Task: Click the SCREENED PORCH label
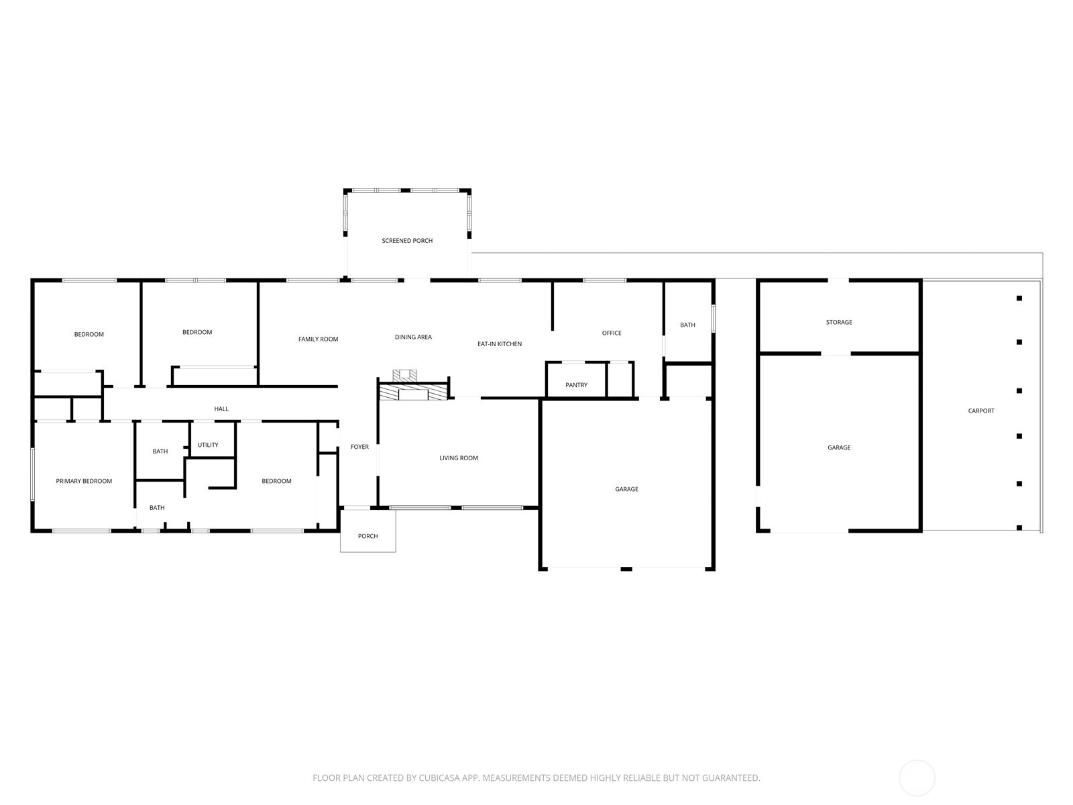[x=407, y=241]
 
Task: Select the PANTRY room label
[x=576, y=385]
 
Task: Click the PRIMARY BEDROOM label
[x=84, y=481]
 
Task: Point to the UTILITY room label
[x=208, y=445]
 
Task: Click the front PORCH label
[x=368, y=536]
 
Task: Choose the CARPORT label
[x=981, y=411]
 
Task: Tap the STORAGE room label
[x=839, y=323]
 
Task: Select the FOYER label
[x=359, y=447]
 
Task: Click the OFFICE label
[x=612, y=333]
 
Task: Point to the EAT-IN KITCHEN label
[x=500, y=344]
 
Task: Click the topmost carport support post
[x=1019, y=299]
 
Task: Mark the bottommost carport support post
[x=1019, y=528]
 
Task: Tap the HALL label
[x=221, y=409]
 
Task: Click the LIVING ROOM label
[x=459, y=458]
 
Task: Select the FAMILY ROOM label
[x=318, y=339]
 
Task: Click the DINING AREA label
[x=413, y=337]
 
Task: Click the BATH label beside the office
[x=687, y=325]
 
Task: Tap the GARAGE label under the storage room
[x=839, y=447]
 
